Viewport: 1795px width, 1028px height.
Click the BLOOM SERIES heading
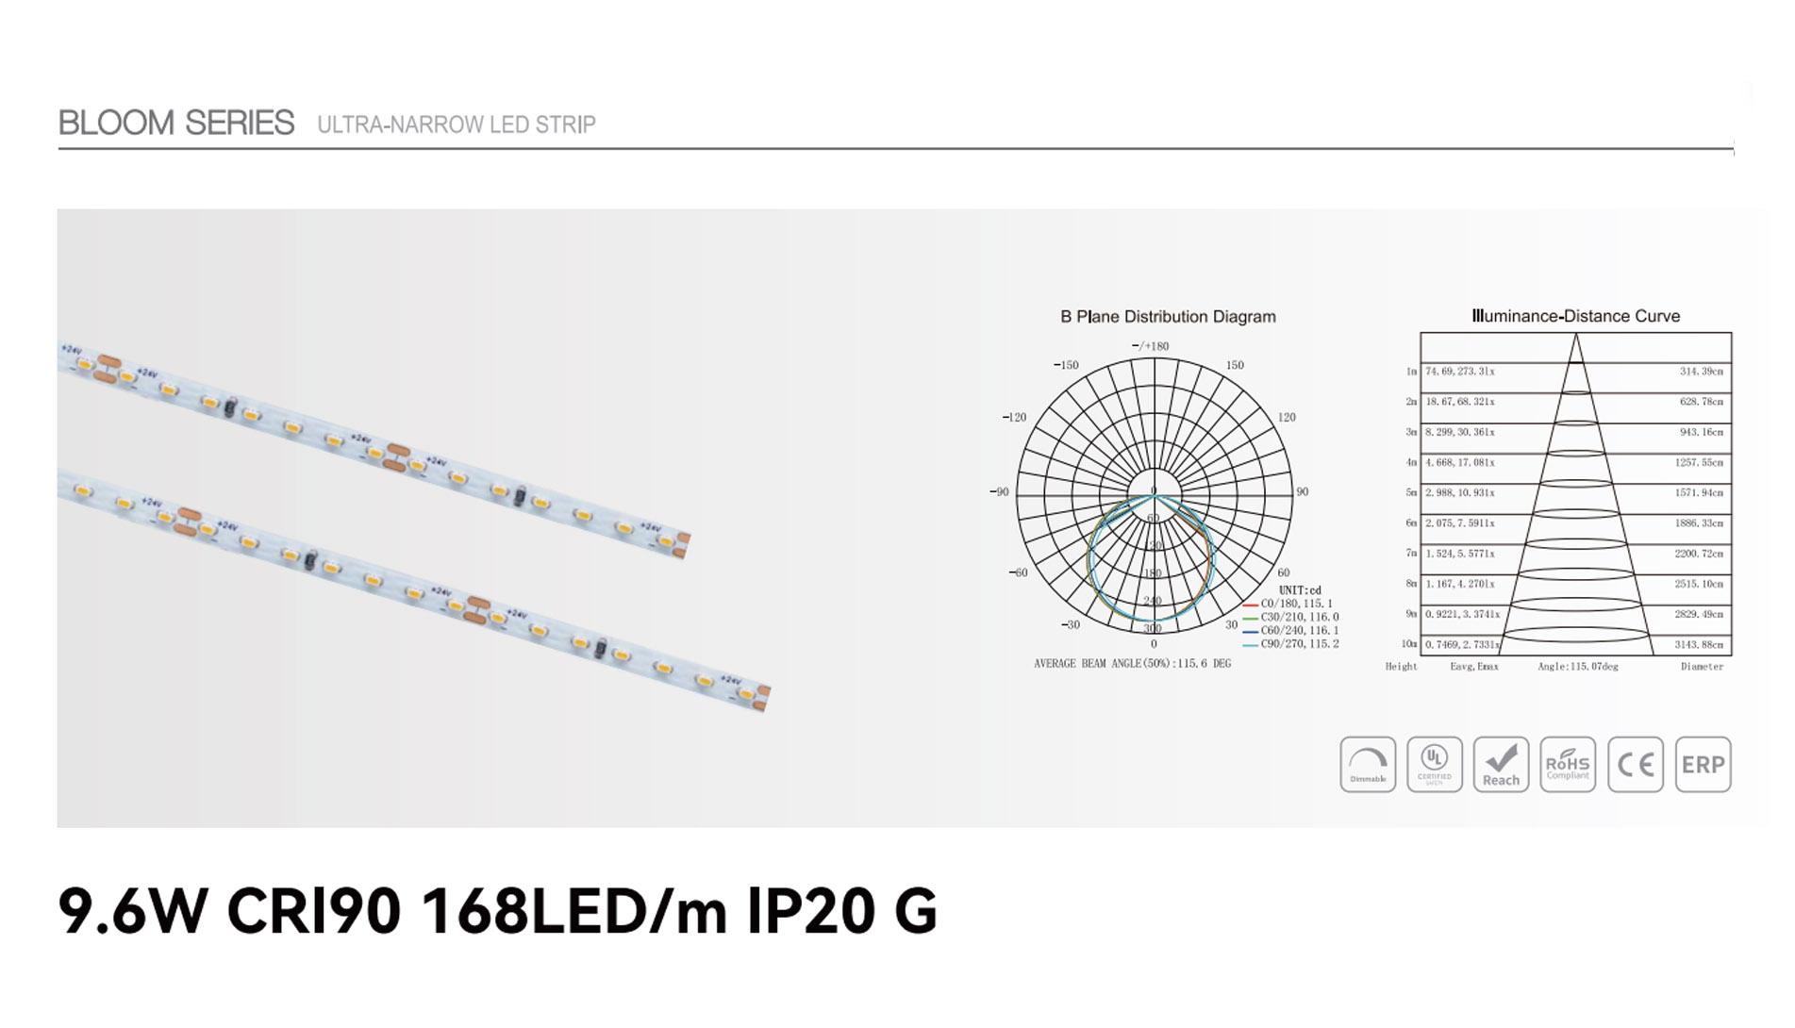(x=176, y=123)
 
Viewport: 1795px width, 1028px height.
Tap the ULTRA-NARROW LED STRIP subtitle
(x=456, y=124)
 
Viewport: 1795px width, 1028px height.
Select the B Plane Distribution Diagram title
(x=1168, y=317)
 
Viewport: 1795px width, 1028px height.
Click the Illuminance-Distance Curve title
(x=1575, y=317)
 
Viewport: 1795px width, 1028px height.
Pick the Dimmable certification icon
(x=1368, y=764)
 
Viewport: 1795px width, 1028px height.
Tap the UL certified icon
(x=1435, y=764)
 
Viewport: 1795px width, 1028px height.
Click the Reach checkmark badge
(x=1501, y=764)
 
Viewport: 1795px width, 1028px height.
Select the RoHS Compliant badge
(x=1568, y=764)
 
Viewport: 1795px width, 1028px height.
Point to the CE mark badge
(x=1636, y=764)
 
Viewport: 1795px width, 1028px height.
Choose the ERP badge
(x=1703, y=764)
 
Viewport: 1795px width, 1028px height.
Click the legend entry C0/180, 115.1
(x=1296, y=604)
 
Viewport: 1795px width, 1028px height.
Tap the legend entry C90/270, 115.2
(x=1299, y=644)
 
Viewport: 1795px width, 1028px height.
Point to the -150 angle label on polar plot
(x=1066, y=365)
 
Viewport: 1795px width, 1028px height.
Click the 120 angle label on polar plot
(x=1287, y=417)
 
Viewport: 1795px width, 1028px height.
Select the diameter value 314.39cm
(x=1701, y=372)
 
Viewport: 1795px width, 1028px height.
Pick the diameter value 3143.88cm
(x=1699, y=645)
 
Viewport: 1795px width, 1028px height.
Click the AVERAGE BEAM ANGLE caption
(x=1132, y=664)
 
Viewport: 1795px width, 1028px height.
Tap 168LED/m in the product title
(x=573, y=911)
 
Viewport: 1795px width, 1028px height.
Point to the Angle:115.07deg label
(x=1577, y=667)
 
